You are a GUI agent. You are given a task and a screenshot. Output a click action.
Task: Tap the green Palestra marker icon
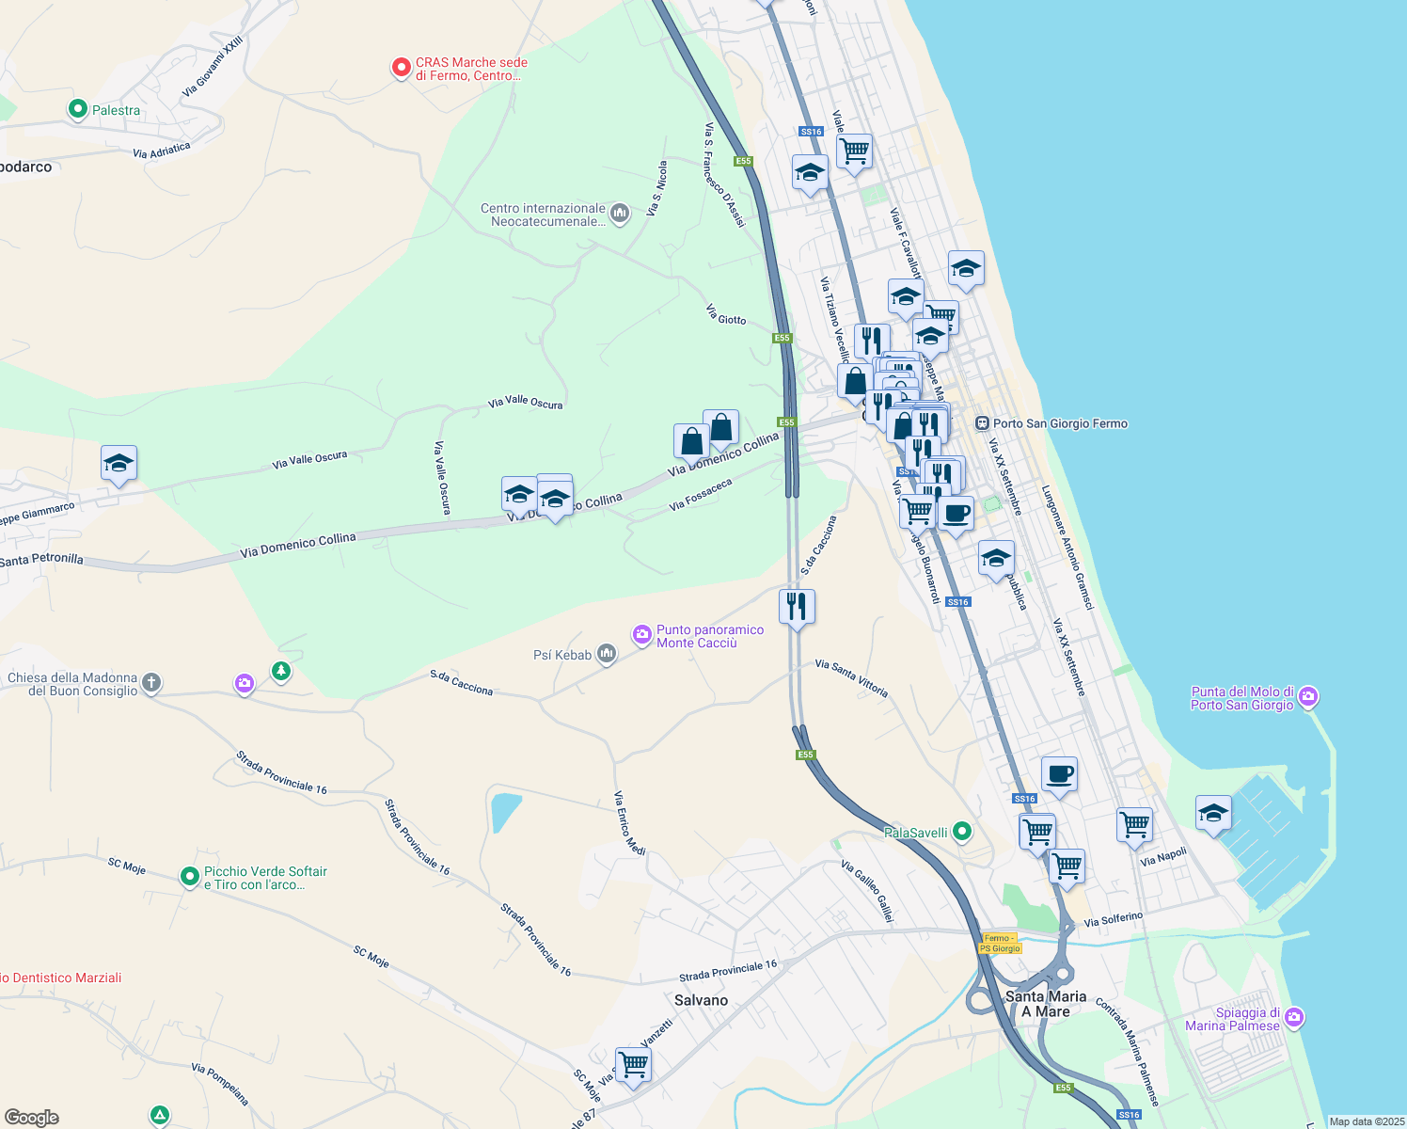(78, 109)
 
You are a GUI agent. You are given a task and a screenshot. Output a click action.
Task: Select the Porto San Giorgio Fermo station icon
(982, 423)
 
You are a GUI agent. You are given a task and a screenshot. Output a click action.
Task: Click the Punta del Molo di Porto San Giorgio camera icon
(1308, 697)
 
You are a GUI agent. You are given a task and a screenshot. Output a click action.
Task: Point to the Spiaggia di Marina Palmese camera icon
(1294, 1017)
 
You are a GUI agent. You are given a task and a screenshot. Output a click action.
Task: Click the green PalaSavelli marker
(961, 831)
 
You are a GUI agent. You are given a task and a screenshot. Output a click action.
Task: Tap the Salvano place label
(701, 1000)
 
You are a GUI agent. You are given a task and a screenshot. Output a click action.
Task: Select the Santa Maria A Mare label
(1046, 1003)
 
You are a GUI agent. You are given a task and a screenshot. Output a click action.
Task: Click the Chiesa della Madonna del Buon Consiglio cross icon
(151, 683)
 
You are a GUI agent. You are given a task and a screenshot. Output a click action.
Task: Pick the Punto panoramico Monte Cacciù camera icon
(642, 635)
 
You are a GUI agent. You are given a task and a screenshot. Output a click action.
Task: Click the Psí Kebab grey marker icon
(607, 654)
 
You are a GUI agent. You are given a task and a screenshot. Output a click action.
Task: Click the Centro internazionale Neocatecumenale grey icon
(620, 214)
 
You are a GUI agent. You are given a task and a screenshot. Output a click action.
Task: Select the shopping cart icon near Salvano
(633, 1065)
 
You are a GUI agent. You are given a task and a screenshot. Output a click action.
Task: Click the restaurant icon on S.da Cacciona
(797, 606)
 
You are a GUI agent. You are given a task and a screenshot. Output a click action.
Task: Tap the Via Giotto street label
(726, 314)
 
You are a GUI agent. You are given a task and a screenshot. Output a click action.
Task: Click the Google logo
(32, 1117)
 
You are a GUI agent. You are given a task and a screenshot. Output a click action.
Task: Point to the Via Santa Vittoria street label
(851, 677)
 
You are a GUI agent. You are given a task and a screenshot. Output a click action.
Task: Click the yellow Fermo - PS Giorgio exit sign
(1000, 944)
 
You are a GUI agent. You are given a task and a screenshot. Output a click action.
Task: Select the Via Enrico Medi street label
(629, 823)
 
